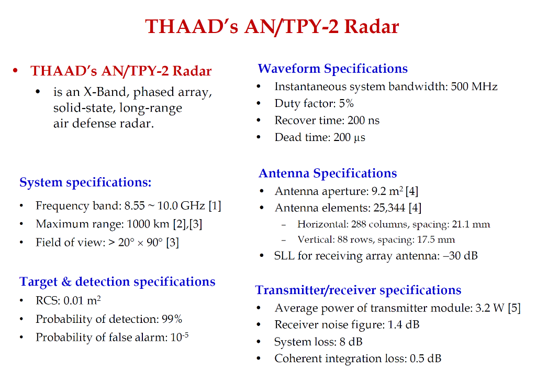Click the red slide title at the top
point(272,27)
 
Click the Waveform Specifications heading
point(332,69)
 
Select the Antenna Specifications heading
point(328,173)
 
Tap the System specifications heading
point(85,182)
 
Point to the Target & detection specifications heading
point(117,281)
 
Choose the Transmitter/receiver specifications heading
point(358,290)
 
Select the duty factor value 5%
point(347,103)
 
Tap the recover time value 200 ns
point(363,120)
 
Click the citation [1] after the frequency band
point(215,205)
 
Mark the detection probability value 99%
point(172,319)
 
